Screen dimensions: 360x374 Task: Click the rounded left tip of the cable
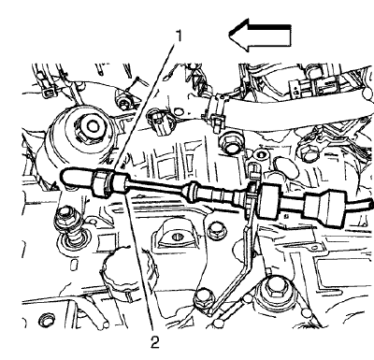[x=64, y=176]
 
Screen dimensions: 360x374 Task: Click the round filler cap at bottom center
[x=131, y=271]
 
